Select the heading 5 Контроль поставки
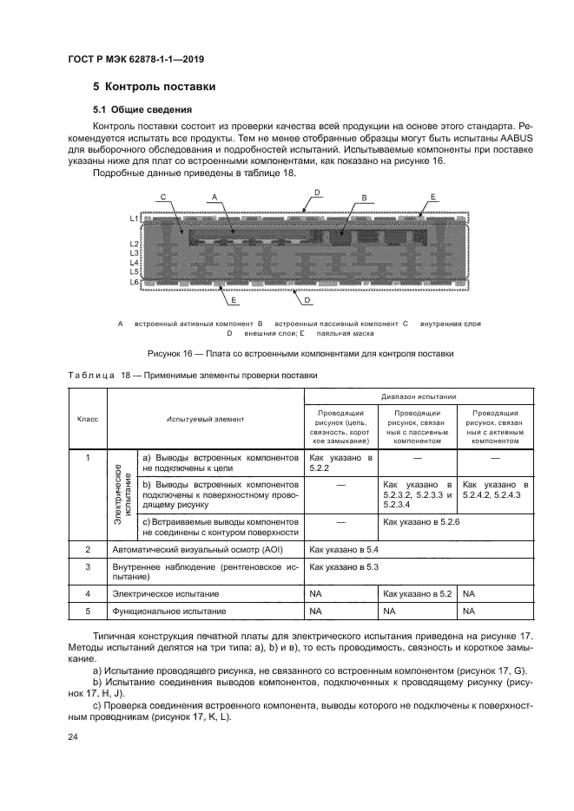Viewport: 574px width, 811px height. pyautogui.click(x=154, y=88)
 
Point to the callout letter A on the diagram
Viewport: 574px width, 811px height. pyautogui.click(x=213, y=198)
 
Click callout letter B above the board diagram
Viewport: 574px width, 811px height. pyautogui.click(x=364, y=197)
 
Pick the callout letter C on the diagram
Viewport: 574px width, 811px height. pyautogui.click(x=164, y=198)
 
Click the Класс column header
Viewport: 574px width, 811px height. pyautogui.click(x=87, y=419)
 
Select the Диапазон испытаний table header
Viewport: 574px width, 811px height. pyautogui.click(x=419, y=393)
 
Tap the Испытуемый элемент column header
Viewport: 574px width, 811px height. pyautogui.click(x=206, y=419)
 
